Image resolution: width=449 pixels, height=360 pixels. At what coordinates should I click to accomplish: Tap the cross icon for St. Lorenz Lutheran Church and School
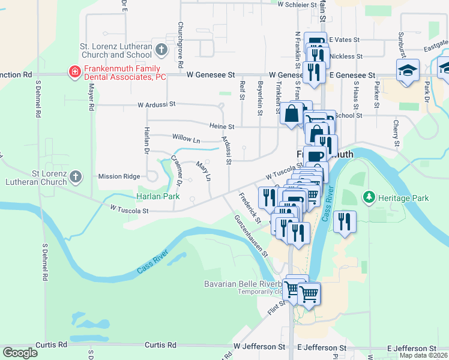click(161, 49)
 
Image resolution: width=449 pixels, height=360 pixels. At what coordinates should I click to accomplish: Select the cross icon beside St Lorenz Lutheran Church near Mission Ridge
click(75, 176)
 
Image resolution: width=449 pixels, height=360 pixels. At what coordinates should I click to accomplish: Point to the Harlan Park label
click(158, 196)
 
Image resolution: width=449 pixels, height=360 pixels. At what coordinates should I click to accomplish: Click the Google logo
click(20, 353)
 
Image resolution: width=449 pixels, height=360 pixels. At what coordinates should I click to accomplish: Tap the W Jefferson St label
click(259, 347)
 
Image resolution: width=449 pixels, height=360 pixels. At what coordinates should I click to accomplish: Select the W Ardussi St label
click(156, 104)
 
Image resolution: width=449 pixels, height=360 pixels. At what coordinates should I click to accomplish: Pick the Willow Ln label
click(185, 139)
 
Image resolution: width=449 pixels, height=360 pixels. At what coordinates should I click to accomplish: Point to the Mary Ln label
click(204, 170)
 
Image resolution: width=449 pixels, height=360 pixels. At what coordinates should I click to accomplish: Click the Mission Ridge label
click(119, 176)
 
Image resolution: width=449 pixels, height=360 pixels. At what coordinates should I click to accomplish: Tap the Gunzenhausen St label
click(251, 236)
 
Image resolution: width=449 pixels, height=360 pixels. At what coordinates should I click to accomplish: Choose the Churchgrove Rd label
click(180, 45)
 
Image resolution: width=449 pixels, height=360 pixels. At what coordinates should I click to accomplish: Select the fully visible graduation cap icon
click(408, 69)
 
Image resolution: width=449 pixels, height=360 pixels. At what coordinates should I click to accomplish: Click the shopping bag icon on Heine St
click(291, 113)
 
